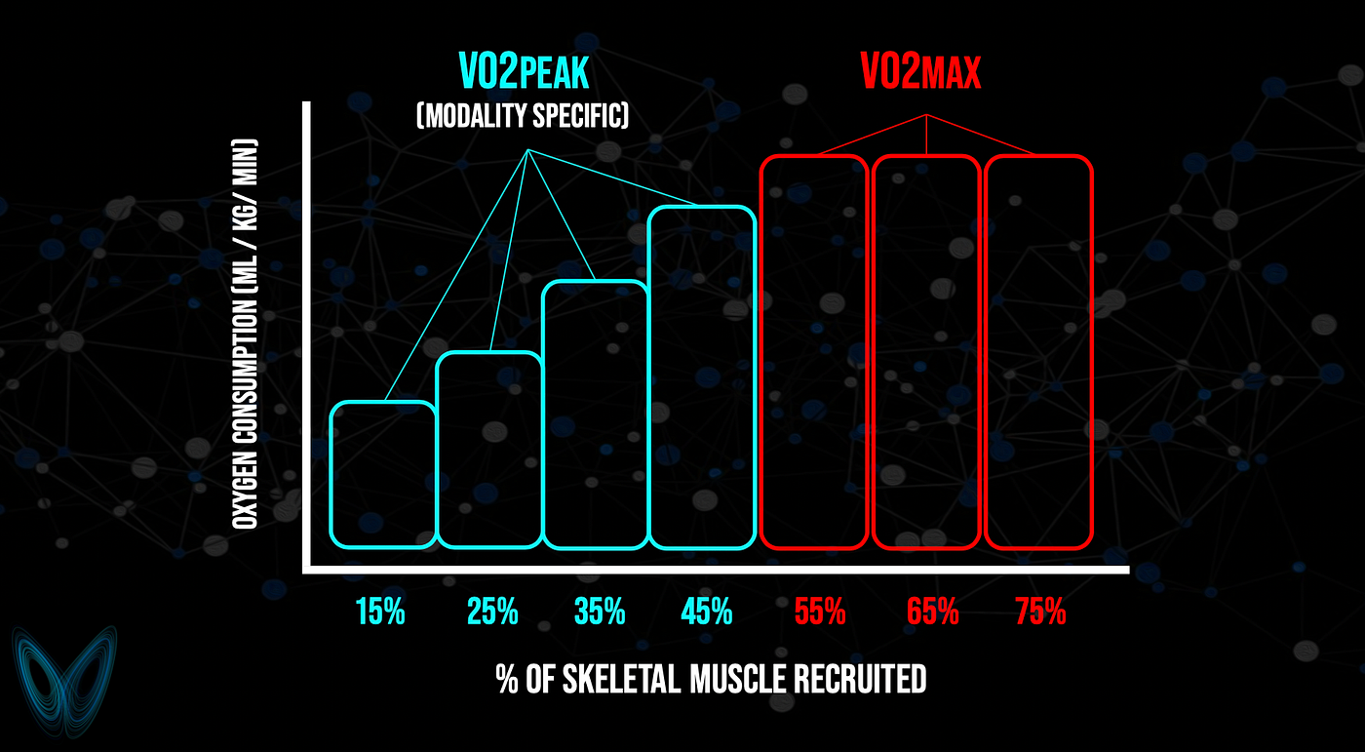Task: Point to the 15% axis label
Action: coord(380,612)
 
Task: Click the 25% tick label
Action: coord(492,612)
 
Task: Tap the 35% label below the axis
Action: coord(600,612)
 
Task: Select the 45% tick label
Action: coord(707,612)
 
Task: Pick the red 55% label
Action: coord(820,612)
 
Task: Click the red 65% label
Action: coord(932,612)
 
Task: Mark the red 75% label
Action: coord(1041,612)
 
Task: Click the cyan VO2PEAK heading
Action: coord(525,71)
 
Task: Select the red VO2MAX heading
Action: coord(920,71)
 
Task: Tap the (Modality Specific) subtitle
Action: coord(523,116)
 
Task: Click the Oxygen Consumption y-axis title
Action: coord(245,334)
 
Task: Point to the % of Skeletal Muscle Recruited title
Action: coord(711,680)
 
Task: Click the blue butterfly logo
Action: coord(64,682)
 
